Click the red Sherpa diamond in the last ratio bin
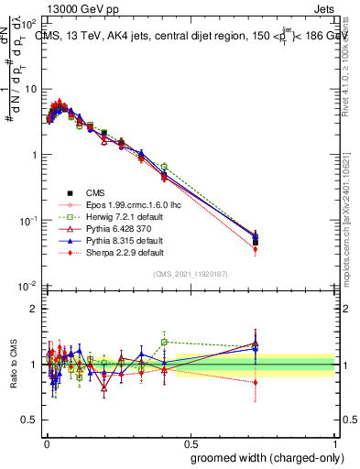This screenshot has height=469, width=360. point(256,382)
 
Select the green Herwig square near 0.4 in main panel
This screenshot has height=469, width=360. point(164,167)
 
